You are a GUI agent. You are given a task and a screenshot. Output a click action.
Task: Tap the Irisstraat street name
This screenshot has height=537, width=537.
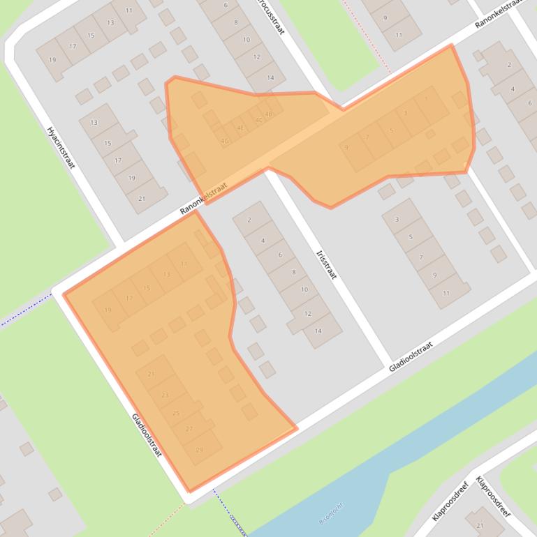326,264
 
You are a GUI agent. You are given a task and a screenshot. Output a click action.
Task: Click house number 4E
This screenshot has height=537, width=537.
241,128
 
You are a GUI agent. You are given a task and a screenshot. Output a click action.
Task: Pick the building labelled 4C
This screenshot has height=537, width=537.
259,120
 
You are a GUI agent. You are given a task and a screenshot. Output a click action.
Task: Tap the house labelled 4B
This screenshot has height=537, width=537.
269,113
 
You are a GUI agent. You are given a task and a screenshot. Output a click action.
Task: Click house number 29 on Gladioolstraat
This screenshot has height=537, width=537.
200,450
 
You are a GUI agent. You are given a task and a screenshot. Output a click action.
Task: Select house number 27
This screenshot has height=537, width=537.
189,429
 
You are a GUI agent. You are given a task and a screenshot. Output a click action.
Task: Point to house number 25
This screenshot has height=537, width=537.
177,413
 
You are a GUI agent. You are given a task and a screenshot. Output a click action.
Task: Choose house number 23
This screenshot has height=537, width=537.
165,395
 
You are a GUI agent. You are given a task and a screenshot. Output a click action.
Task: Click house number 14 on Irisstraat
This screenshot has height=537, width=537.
318,331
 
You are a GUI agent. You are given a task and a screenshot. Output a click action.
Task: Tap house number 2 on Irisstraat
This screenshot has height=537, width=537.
249,220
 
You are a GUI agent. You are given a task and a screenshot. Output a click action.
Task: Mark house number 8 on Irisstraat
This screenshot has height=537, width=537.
294,273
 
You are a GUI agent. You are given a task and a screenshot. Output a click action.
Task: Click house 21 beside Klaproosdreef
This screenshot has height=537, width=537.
480,525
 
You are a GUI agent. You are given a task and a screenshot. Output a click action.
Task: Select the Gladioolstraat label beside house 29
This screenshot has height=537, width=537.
147,434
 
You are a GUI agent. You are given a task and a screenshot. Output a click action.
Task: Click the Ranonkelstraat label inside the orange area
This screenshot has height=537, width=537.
204,198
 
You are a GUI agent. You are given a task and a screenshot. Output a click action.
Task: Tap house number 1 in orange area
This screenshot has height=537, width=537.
426,99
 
